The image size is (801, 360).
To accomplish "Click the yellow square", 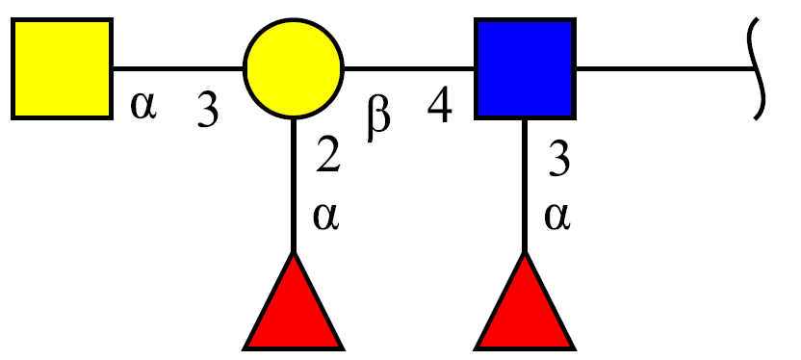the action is click(62, 69).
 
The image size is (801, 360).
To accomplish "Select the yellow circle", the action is click(294, 68).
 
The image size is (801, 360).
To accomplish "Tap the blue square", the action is click(525, 69).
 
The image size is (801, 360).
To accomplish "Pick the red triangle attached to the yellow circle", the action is click(294, 301).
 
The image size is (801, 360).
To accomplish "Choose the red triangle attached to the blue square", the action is click(525, 301).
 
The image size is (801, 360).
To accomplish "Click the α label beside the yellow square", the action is click(143, 106).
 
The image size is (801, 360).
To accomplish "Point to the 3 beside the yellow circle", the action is click(208, 111).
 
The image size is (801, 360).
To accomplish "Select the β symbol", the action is click(378, 118).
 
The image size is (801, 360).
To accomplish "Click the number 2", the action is click(328, 155).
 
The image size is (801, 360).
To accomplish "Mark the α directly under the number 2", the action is click(326, 217).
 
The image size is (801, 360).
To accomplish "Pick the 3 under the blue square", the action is click(558, 160).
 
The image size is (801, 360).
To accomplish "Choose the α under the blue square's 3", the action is click(556, 217).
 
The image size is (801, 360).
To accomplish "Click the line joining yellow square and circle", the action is click(178, 68).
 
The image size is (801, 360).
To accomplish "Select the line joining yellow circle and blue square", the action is click(410, 68).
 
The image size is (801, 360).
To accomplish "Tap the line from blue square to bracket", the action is click(664, 68).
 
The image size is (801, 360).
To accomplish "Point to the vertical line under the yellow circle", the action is click(294, 186).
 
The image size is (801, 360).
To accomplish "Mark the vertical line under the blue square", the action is click(525, 186).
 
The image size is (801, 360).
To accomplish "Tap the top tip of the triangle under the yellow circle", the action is click(294, 252).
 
